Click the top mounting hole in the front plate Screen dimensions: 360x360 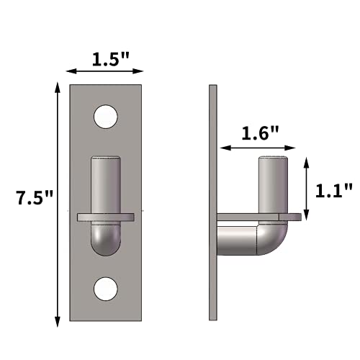[x=106, y=115]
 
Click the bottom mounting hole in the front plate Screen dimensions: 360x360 [x=106, y=288]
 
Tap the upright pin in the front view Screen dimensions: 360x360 [x=106, y=184]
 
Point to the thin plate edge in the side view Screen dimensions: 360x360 [x=212, y=202]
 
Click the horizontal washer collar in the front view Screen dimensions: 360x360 [x=106, y=216]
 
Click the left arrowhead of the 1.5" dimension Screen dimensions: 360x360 [x=69, y=72]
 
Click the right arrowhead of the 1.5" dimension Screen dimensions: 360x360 [x=143, y=72]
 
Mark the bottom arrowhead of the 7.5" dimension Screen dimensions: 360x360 [x=58, y=318]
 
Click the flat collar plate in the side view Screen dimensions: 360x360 [x=259, y=217]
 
